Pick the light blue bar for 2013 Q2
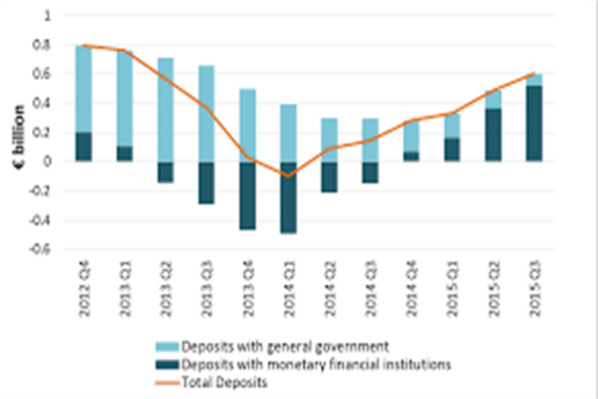coord(165,110)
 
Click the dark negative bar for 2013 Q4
coord(247,196)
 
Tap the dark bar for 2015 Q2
coord(494,135)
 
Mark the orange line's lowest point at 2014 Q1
coord(288,176)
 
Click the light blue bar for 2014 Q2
coord(329,140)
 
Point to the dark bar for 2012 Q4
coord(84,147)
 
